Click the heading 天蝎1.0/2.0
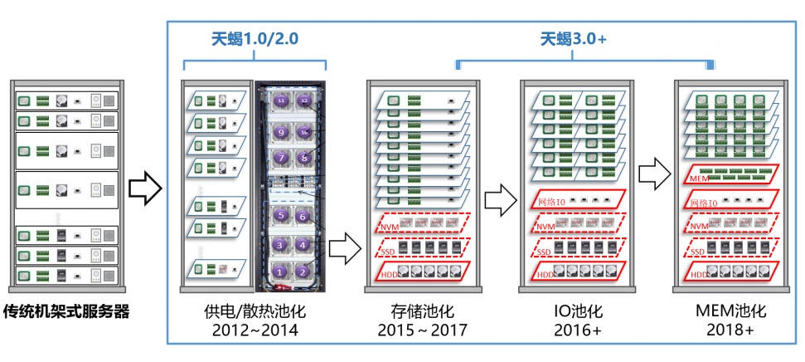pyautogui.click(x=254, y=38)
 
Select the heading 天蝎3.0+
pyautogui.click(x=575, y=38)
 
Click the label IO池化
pyautogui.click(x=578, y=311)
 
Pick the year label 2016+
pyautogui.click(x=578, y=330)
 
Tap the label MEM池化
pyautogui.click(x=730, y=311)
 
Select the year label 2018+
pyautogui.click(x=730, y=330)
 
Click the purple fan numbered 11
pyautogui.click(x=281, y=100)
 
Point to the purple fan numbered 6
pyautogui.click(x=304, y=216)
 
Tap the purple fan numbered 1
pyautogui.click(x=281, y=271)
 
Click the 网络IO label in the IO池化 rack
pyautogui.click(x=551, y=202)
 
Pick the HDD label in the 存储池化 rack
pyautogui.click(x=387, y=275)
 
